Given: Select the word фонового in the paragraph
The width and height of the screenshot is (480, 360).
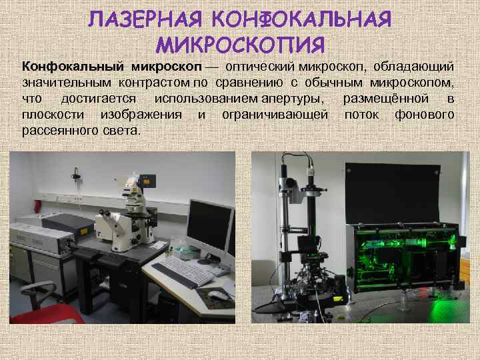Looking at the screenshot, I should (425, 115).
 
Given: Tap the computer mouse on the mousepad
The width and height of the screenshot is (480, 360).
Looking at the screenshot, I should (217, 295).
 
